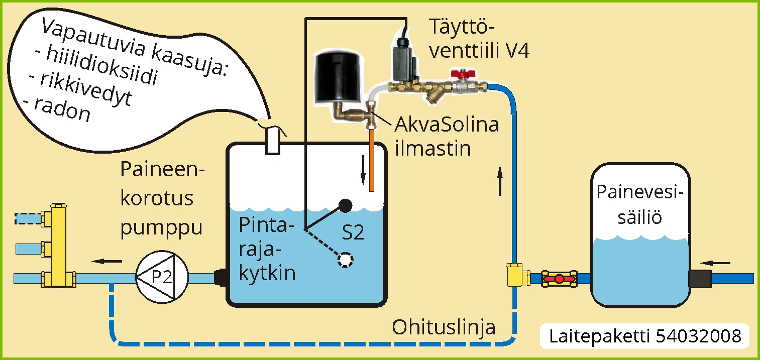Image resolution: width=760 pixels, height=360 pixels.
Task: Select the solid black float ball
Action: (x=345, y=206)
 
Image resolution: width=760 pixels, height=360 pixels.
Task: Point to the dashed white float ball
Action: (x=345, y=260)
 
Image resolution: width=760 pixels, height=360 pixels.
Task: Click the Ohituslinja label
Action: (x=444, y=327)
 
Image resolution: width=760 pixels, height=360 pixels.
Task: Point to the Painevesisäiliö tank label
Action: (x=640, y=205)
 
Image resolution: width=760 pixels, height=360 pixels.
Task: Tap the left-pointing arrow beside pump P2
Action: (x=107, y=261)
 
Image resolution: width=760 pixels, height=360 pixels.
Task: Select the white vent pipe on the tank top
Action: (x=272, y=140)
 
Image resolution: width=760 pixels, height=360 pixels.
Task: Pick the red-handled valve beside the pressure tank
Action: (x=559, y=278)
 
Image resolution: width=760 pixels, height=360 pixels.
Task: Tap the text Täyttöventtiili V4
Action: (x=479, y=39)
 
